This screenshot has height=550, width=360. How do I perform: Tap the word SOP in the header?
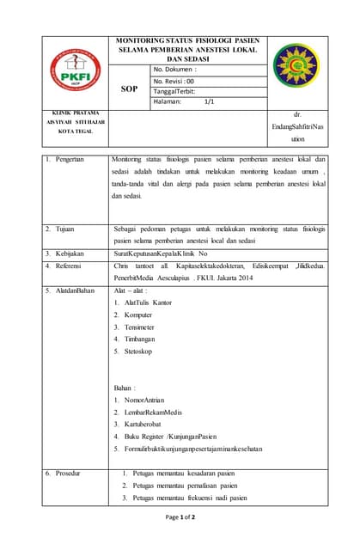coord(128,88)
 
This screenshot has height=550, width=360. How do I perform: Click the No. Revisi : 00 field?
coord(174,80)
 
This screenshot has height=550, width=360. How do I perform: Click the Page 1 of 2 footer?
coord(180,517)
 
